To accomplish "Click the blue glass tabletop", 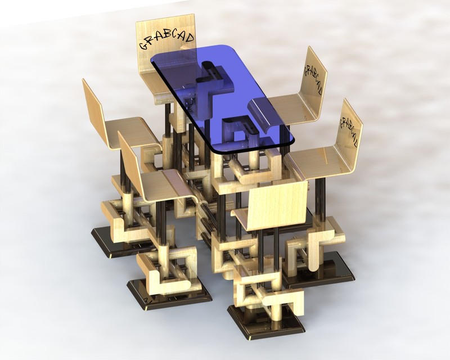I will (225, 96).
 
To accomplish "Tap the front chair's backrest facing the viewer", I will (278, 205).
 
